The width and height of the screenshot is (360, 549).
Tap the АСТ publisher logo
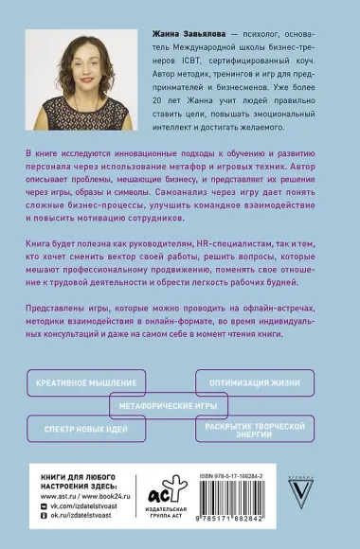point(160,492)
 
